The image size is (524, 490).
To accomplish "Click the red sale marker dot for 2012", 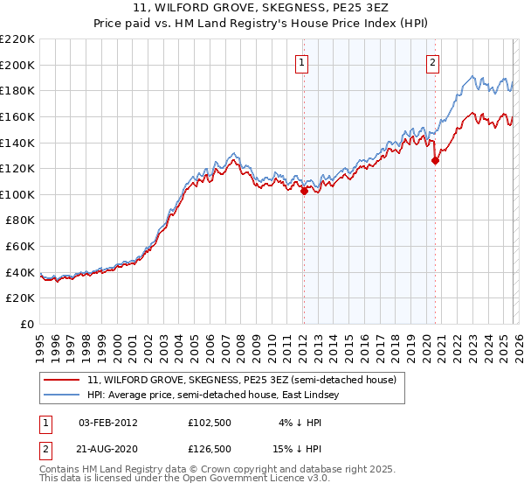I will point(304,191).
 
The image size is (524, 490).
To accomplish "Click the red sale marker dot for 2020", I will point(435,160).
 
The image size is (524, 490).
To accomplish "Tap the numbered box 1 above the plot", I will point(301,61).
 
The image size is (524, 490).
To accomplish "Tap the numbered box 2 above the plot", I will point(432,61).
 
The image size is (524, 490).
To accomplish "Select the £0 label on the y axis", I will point(26,324).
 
